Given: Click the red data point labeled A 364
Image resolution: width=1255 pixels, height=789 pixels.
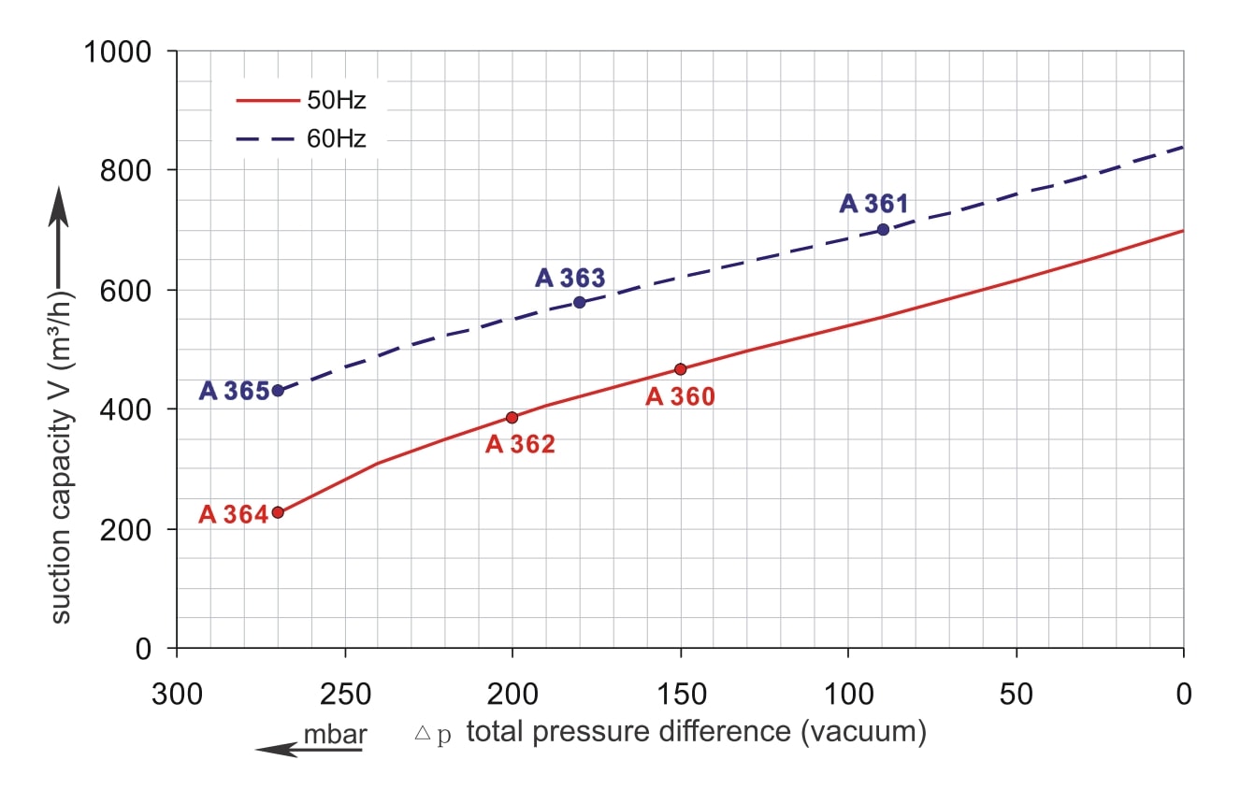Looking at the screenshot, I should tap(278, 512).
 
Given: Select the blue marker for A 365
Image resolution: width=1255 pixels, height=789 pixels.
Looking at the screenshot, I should tap(278, 391).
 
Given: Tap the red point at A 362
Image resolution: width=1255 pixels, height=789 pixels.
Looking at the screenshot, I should tap(512, 417).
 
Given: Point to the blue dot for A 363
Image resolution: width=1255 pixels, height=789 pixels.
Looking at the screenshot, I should tap(580, 302).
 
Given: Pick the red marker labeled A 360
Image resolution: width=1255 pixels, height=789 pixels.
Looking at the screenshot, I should tap(680, 369).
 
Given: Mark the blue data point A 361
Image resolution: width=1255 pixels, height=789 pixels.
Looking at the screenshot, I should tap(883, 229).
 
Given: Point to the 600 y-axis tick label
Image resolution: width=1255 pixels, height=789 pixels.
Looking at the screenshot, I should tap(127, 290).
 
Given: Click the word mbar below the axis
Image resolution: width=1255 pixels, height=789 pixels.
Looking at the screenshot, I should tap(335, 735).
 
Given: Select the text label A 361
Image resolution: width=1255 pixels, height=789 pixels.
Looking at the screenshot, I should tap(873, 203).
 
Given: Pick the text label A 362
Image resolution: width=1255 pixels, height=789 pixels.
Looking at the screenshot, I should tap(520, 444).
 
